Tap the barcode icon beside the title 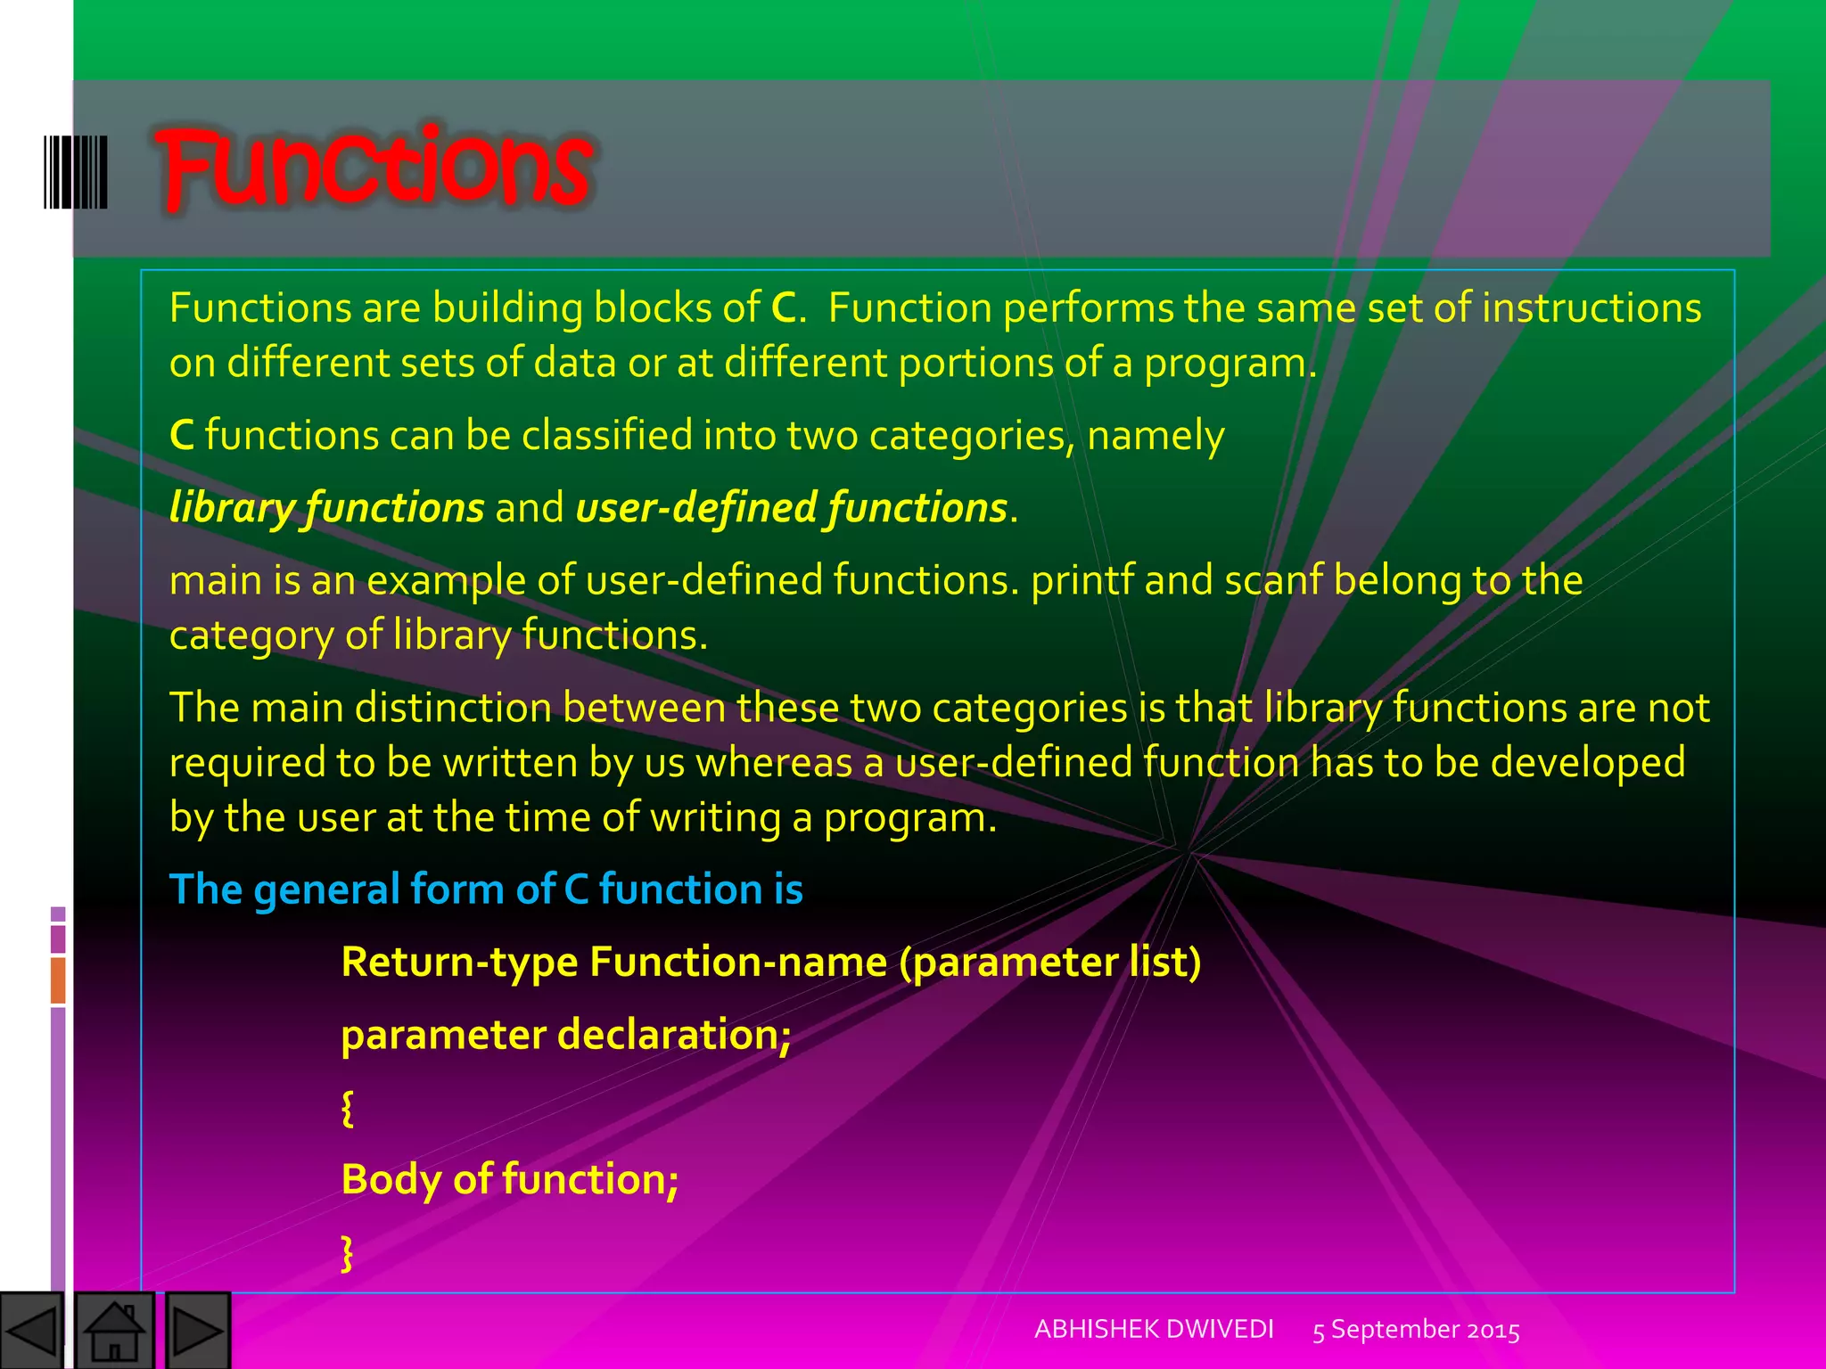76,172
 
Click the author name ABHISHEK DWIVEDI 1154,1329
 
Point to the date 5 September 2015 1416,1330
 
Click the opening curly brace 348,1108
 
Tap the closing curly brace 348,1252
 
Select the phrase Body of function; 510,1179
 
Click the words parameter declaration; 566,1035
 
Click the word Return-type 459,963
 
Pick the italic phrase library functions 326,507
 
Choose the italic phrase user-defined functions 792,507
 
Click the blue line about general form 486,889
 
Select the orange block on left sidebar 58,980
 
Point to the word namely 1156,436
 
